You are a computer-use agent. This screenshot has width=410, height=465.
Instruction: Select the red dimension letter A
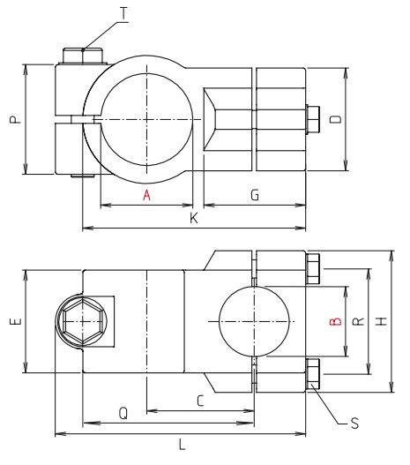[x=147, y=196]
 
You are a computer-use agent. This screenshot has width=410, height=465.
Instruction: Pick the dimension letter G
[x=254, y=196]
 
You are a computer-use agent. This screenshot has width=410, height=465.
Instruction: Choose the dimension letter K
[x=193, y=219]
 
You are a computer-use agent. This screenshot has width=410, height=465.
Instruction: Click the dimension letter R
[x=357, y=323]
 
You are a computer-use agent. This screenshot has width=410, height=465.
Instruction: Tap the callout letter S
[x=354, y=424]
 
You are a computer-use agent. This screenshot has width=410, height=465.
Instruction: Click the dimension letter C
[x=201, y=401]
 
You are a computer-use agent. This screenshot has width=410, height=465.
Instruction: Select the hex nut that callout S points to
[x=313, y=372]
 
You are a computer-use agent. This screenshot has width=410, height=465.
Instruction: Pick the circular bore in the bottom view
[x=254, y=323]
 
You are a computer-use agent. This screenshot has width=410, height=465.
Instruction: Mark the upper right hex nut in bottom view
[x=313, y=269]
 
